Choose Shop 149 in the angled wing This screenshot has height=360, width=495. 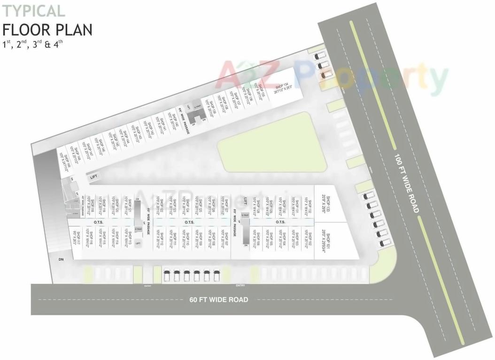tap(65, 162)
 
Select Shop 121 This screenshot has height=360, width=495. tap(127, 206)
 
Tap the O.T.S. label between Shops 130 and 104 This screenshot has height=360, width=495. tap(280, 222)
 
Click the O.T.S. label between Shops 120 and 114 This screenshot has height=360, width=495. tap(99, 222)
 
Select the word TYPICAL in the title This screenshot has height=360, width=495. tap(34, 11)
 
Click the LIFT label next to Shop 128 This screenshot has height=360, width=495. tap(245, 201)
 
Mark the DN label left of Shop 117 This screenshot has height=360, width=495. tap(61, 259)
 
